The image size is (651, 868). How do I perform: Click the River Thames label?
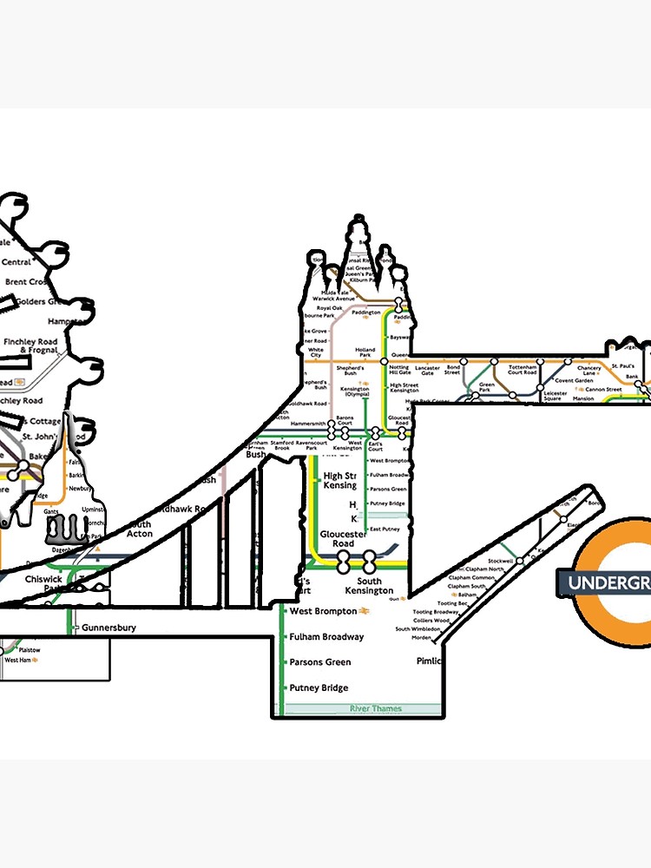(x=375, y=709)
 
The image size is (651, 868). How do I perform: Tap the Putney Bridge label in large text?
(x=319, y=688)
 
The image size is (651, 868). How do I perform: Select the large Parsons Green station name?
(x=319, y=662)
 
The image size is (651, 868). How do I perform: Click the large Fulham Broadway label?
(x=326, y=637)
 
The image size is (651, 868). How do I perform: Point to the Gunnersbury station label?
(x=108, y=628)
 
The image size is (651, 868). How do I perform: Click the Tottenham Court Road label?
(x=523, y=370)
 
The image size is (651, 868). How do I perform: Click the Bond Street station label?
(x=453, y=370)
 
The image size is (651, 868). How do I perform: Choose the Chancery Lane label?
(x=589, y=370)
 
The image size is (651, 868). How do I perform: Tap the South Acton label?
(x=139, y=529)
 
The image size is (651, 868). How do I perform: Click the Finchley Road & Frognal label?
(x=30, y=345)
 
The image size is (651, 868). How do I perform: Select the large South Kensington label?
(x=369, y=586)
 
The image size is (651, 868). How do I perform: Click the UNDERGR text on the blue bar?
(x=608, y=582)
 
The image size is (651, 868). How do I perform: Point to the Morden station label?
(x=421, y=637)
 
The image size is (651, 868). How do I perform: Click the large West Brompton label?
(x=323, y=611)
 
